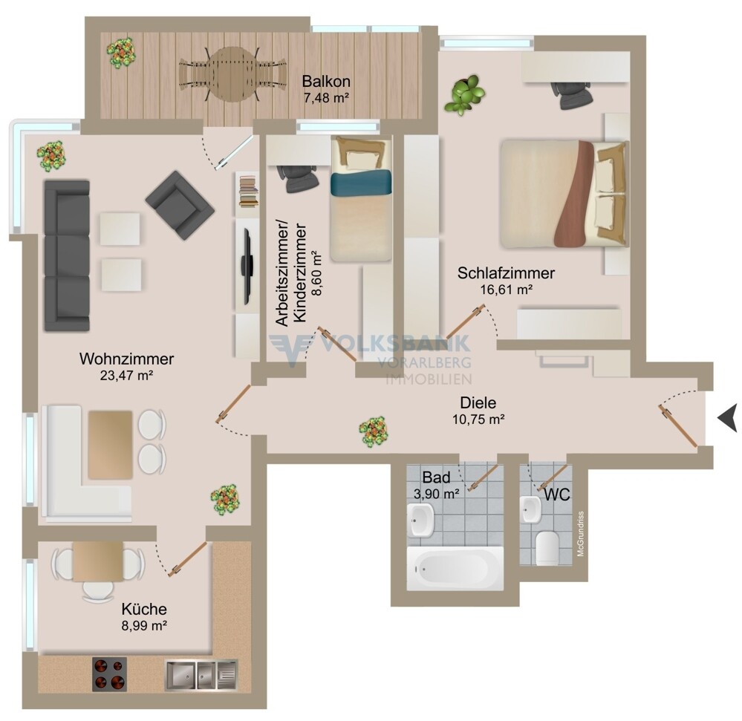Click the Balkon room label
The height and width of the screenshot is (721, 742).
tap(326, 81)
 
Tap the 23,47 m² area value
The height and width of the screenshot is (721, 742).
tap(126, 376)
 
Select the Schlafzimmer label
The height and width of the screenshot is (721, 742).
tap(506, 273)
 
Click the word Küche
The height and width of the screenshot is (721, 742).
tap(144, 609)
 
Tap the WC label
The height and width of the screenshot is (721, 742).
tap(557, 495)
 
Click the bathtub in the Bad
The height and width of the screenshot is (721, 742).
tap(455, 568)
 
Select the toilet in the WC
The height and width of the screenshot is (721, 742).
tap(547, 548)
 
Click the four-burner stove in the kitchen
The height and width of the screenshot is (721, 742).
tap(109, 674)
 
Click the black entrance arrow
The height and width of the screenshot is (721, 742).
tap(727, 418)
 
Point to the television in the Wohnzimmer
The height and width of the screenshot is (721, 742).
tap(247, 267)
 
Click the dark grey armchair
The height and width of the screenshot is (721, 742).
tap(180, 205)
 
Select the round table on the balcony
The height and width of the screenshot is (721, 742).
tap(232, 74)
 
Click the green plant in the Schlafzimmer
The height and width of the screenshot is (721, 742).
tap(465, 94)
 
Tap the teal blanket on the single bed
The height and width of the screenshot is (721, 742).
tap(361, 183)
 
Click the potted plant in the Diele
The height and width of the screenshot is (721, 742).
tap(374, 431)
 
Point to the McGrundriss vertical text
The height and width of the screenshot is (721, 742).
tap(581, 534)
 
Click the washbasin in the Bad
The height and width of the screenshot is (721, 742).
tap(421, 520)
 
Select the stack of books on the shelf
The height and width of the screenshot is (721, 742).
tap(249, 192)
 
